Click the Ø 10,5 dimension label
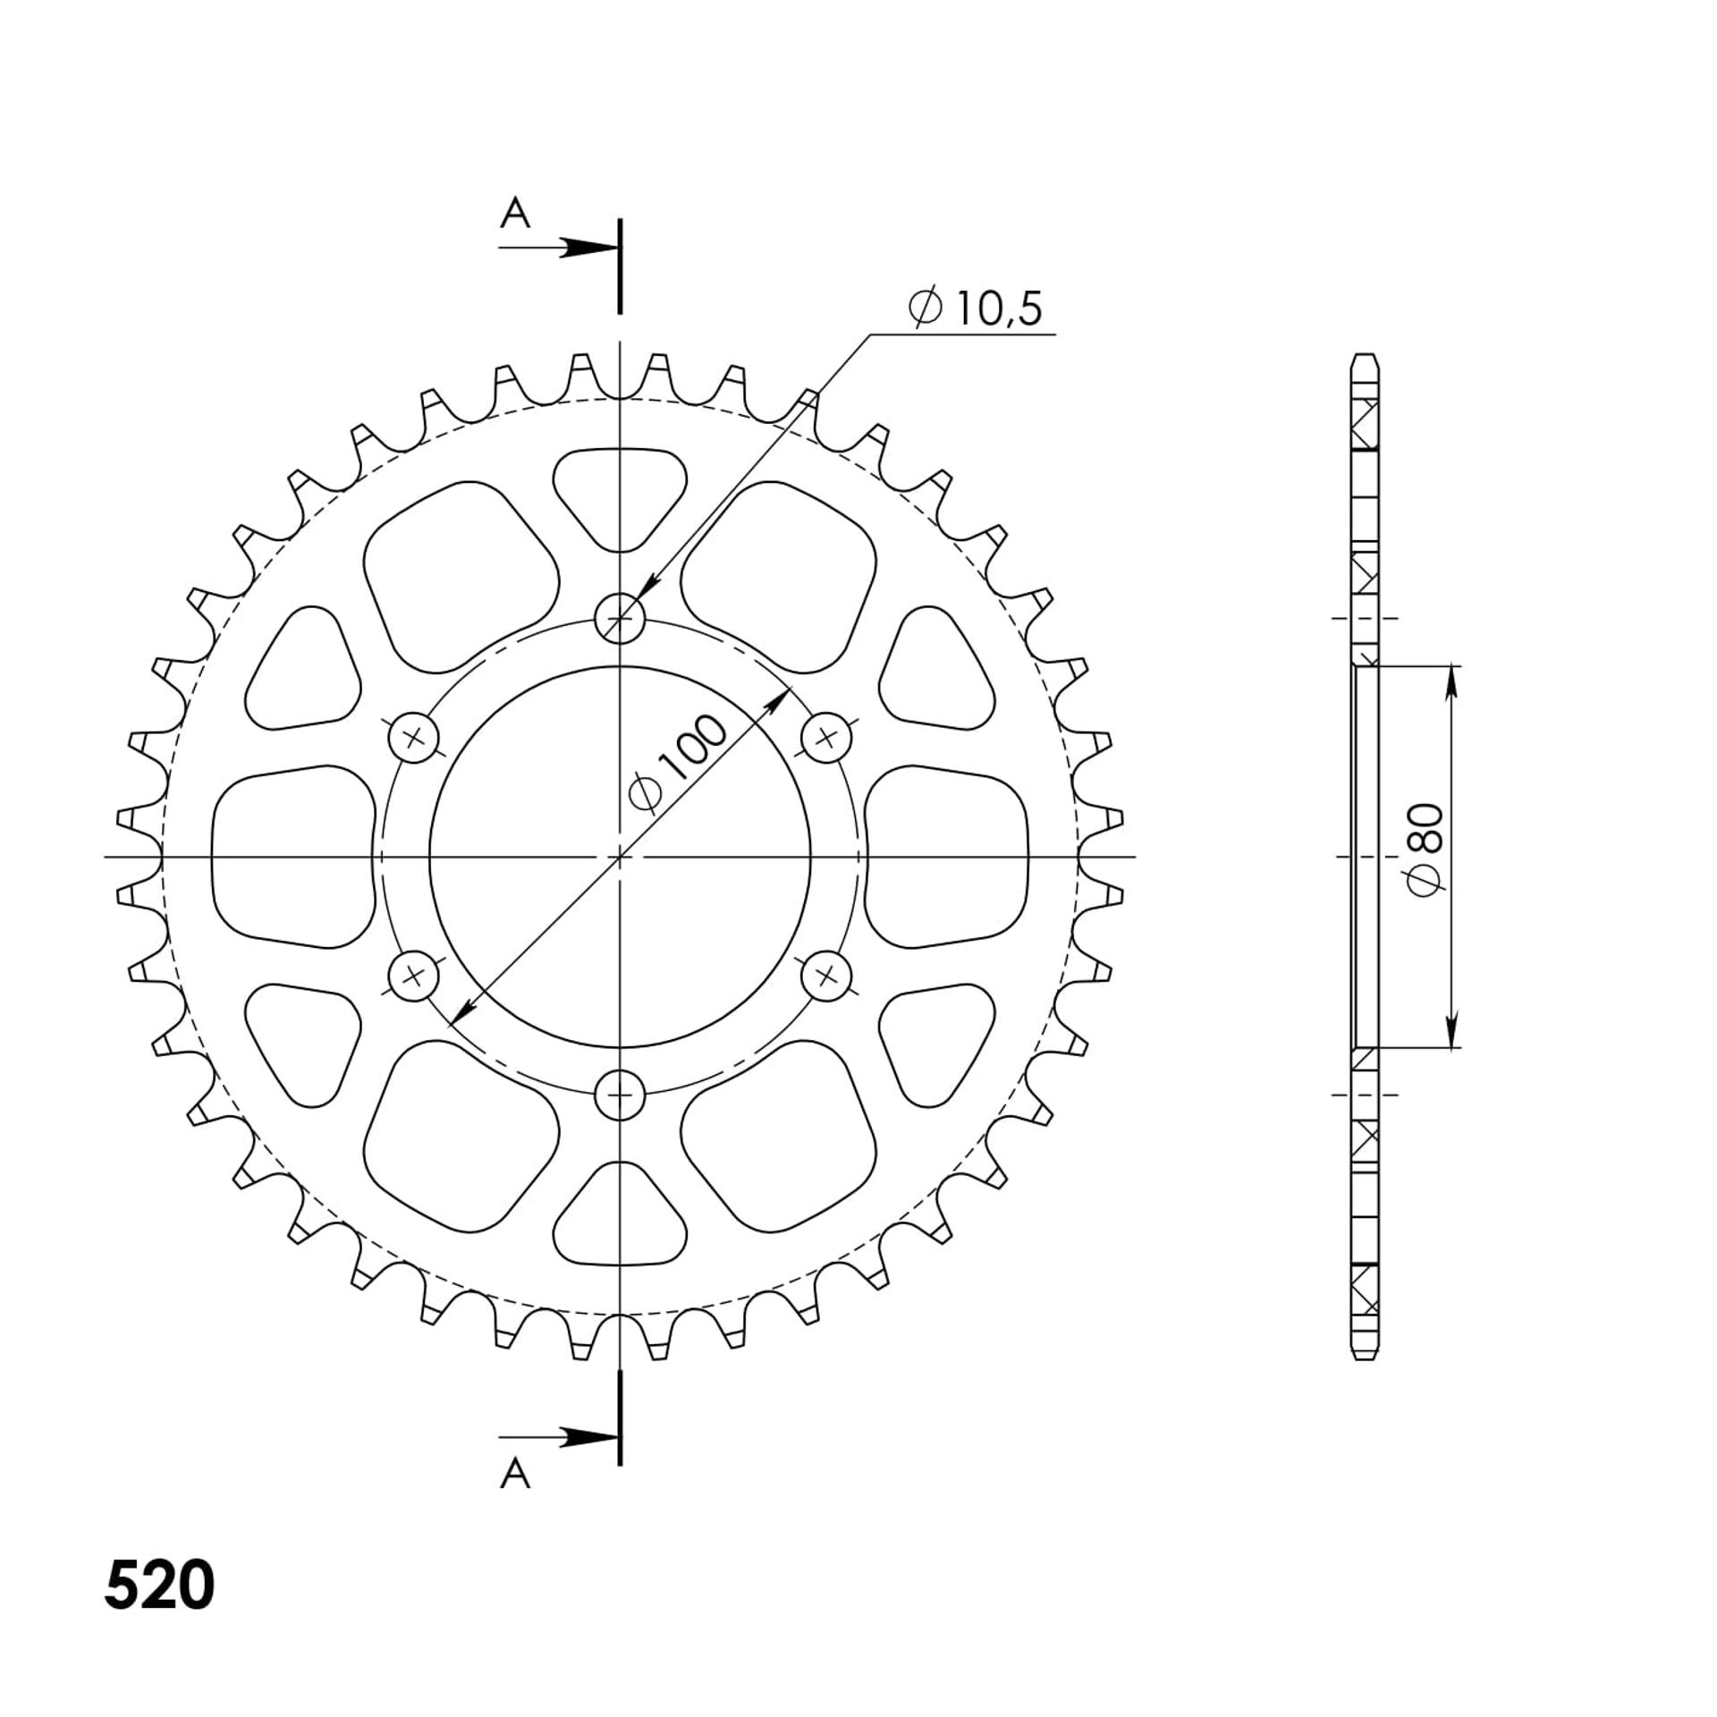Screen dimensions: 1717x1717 pyautogui.click(x=975, y=309)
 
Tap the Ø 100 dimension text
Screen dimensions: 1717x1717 pyautogui.click(x=679, y=764)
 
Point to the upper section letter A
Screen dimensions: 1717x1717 pyautogui.click(x=515, y=214)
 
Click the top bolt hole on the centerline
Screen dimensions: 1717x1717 pyautogui.click(x=620, y=617)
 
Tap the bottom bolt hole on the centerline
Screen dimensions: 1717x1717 pyautogui.click(x=620, y=1094)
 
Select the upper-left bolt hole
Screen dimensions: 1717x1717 pyautogui.click(x=413, y=738)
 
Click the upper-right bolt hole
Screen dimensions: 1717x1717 pyautogui.click(x=825, y=738)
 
